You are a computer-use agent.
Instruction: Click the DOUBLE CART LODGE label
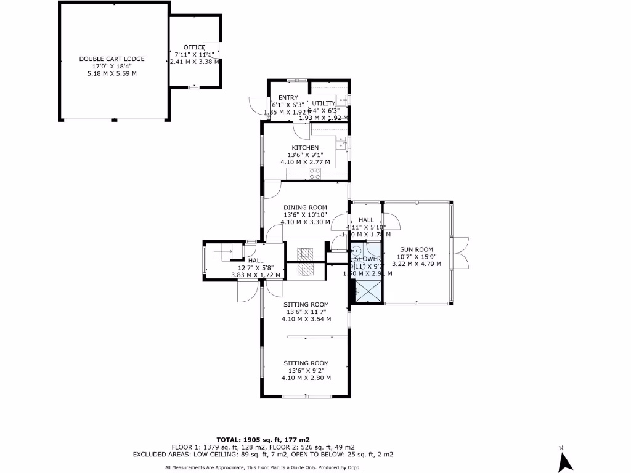[x=112, y=59]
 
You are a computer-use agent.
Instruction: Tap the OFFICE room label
[x=194, y=47]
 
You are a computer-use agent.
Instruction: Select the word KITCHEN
[x=305, y=148]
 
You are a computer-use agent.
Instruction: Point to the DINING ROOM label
[x=305, y=208]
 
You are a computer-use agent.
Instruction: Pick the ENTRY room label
[x=288, y=98]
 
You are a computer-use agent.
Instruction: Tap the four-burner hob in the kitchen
[x=315, y=173]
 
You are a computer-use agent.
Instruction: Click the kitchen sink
[x=341, y=144]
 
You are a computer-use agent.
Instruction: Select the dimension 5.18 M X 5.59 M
[x=112, y=73]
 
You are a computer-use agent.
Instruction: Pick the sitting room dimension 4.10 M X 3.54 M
[x=306, y=319]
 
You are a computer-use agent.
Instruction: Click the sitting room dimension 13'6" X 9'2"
[x=306, y=371]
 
